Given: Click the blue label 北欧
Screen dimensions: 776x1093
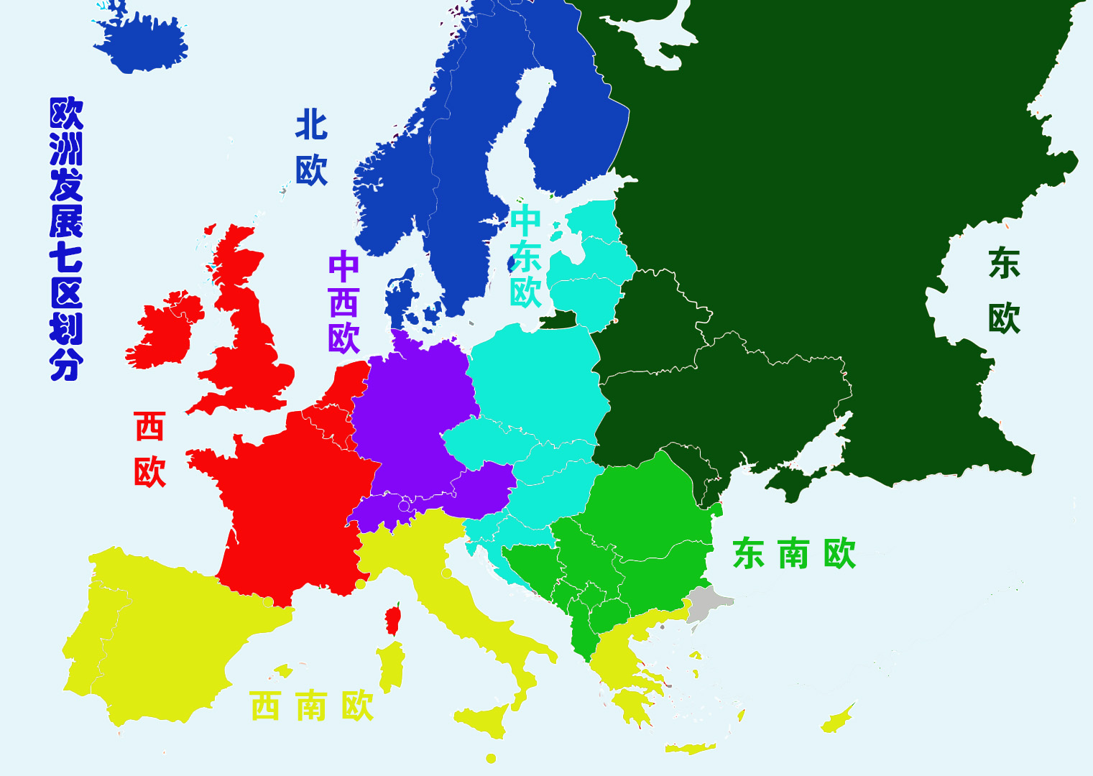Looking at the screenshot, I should (x=311, y=148).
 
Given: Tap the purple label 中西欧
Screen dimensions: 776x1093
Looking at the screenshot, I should (x=343, y=302).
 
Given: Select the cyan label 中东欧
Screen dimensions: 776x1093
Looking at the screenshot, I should (x=525, y=257).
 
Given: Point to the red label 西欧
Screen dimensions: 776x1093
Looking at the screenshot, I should (x=149, y=449).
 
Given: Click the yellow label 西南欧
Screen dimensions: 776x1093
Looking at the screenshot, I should (x=311, y=706).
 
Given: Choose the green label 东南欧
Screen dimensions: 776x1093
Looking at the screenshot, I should (x=794, y=554).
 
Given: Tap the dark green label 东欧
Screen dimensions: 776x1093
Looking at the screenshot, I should (x=1004, y=290).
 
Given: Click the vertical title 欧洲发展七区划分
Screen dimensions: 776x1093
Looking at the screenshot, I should (x=66, y=239).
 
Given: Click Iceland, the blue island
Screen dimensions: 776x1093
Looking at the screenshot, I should (x=144, y=43).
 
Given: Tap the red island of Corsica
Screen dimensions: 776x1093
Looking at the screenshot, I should (x=393, y=619).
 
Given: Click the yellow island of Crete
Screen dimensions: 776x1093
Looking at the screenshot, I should (x=690, y=749).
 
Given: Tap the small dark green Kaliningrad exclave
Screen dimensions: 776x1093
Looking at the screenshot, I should (x=559, y=319).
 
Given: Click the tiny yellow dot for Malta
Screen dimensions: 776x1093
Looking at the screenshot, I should (x=491, y=759).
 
